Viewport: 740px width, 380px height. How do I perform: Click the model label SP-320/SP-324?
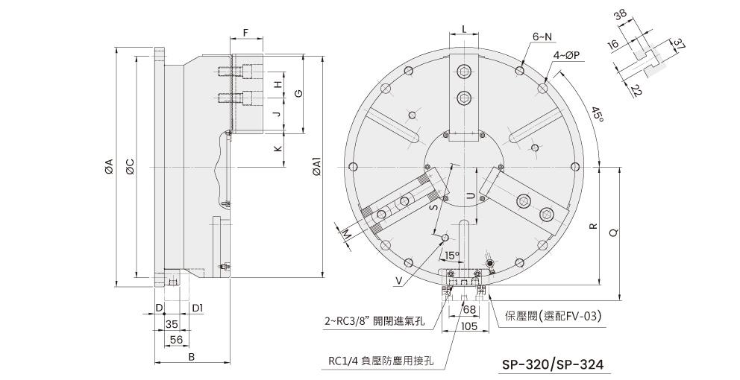pyautogui.click(x=552, y=364)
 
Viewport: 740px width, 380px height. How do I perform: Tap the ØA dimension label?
pyautogui.click(x=109, y=166)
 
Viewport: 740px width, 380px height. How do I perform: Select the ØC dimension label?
pyautogui.click(x=130, y=166)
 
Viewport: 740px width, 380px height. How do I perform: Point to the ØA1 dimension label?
pyautogui.click(x=317, y=166)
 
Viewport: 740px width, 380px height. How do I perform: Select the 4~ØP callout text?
pyautogui.click(x=566, y=55)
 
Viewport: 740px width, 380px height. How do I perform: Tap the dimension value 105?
pyautogui.click(x=468, y=326)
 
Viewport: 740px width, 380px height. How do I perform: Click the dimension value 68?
pyautogui.click(x=468, y=310)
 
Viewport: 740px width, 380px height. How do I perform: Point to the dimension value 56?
pyautogui.click(x=177, y=340)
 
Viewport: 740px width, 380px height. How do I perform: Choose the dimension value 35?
pyautogui.click(x=172, y=323)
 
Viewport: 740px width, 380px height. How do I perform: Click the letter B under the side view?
pyautogui.click(x=192, y=357)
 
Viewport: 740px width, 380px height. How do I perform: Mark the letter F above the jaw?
pyautogui.click(x=246, y=33)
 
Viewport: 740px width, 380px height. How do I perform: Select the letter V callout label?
pyautogui.click(x=399, y=281)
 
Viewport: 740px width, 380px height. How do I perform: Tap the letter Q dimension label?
pyautogui.click(x=613, y=233)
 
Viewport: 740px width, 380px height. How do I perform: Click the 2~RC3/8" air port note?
pyautogui.click(x=374, y=322)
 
